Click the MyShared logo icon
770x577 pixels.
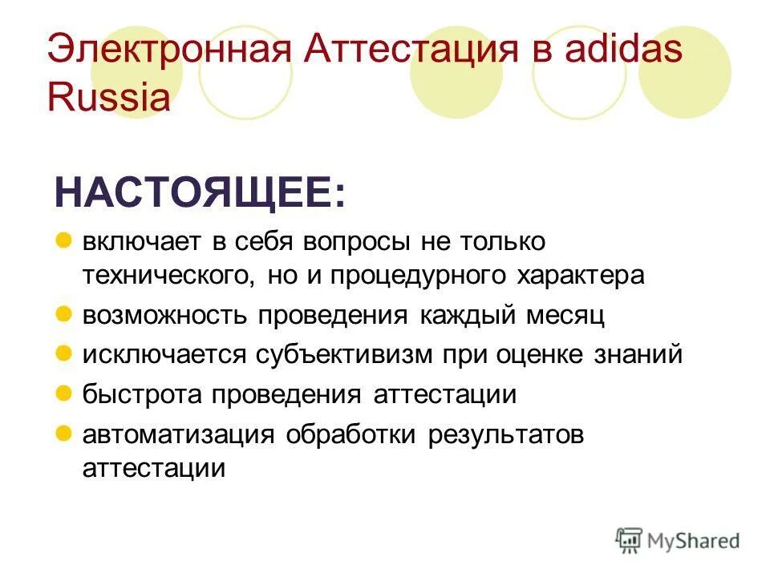(x=629, y=540)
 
